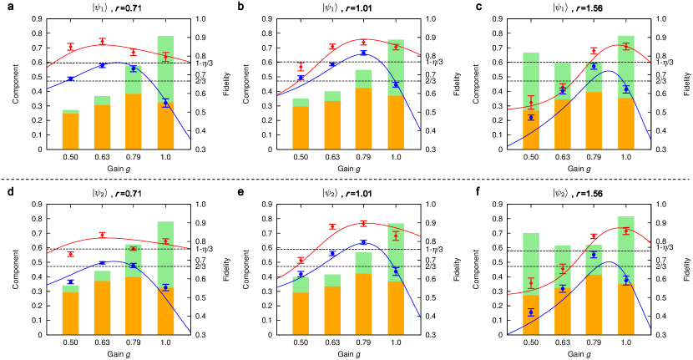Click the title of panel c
pos(570,8)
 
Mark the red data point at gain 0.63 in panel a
pos(102,41)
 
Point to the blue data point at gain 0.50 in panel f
pos(531,312)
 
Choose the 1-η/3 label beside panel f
pos(665,248)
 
